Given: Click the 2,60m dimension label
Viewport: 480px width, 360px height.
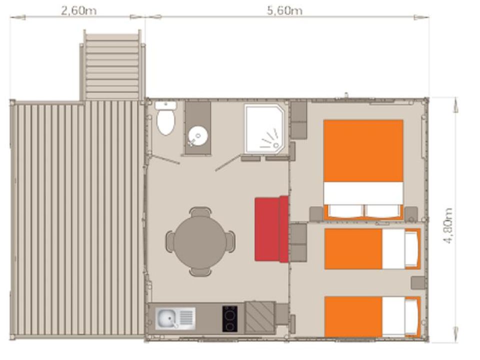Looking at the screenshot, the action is pos(78,11).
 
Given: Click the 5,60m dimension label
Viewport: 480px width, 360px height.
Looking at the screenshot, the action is pos(284,11).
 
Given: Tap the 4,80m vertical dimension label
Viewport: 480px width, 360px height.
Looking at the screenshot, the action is pos(448,225).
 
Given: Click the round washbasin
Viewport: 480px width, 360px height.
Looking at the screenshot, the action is pos(198,135).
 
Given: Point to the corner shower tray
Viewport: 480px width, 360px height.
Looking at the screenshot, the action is pos(264,128).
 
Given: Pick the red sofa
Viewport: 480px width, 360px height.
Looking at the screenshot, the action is pos(271,229).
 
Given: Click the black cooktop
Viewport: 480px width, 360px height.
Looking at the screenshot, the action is pos(229,318).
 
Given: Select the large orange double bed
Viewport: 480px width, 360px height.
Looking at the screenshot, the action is pos(363,169).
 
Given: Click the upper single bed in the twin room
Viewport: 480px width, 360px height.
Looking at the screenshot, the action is pos(372,249).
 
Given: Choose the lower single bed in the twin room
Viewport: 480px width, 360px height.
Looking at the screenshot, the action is pos(372,316).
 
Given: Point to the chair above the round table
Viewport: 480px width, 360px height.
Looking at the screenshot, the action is pos(200,212).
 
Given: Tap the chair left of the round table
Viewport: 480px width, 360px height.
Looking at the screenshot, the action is pos(170,241).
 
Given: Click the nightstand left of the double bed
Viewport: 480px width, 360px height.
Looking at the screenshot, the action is pos(316,213).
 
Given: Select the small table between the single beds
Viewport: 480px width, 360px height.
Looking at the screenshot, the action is pos(417,282).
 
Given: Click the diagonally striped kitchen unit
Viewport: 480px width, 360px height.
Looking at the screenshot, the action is pos(260,318).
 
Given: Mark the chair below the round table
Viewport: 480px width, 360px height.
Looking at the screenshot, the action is pos(200,272).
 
